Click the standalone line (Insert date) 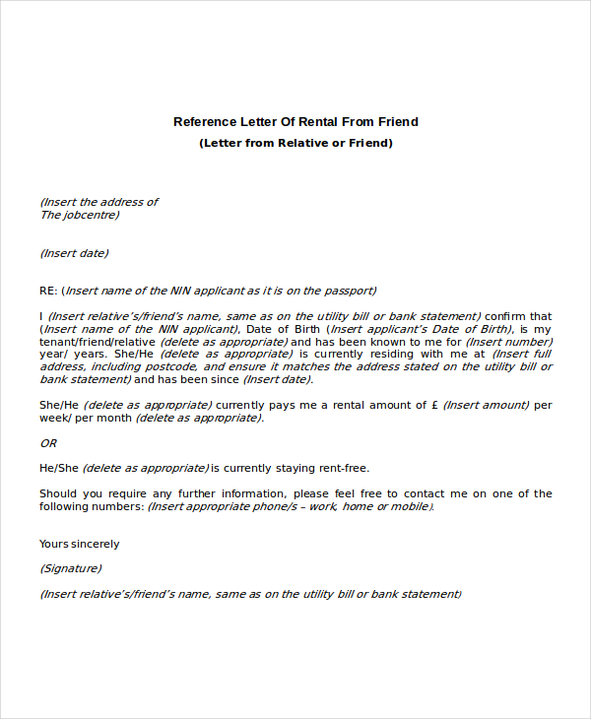point(74,253)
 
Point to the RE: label point(48,291)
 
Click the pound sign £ point(434,405)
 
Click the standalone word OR point(47,443)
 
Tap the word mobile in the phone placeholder point(411,506)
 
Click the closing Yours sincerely point(79,544)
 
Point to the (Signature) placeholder point(70,568)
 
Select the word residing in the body point(403,354)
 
